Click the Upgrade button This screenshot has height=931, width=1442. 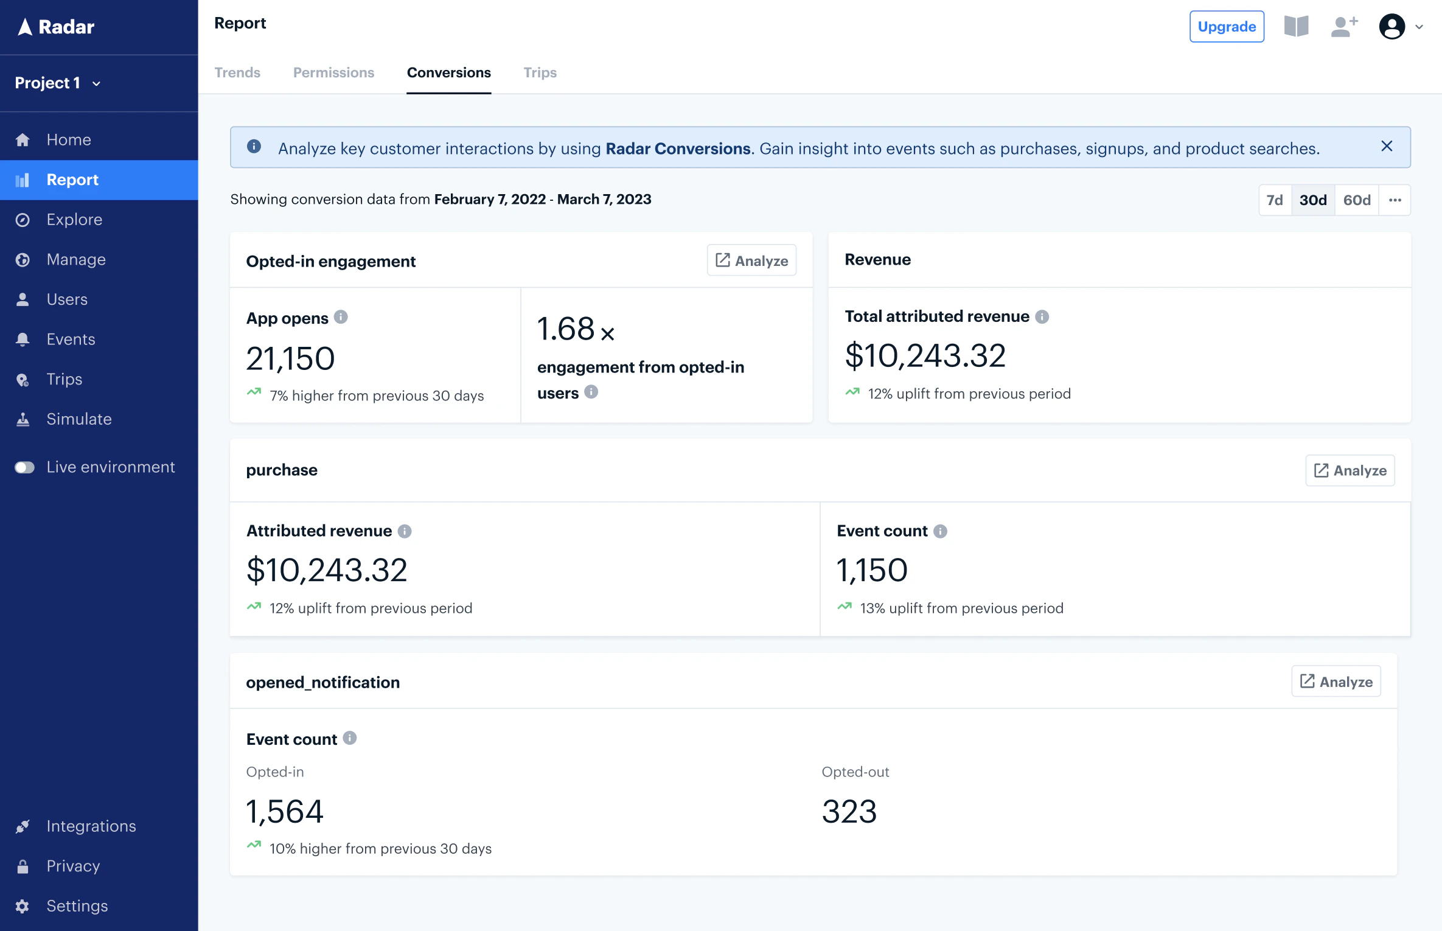[x=1226, y=27]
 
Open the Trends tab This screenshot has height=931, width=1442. [x=237, y=72]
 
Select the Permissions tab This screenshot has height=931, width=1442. [x=333, y=72]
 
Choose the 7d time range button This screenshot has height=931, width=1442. [x=1274, y=200]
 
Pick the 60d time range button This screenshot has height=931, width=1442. [x=1356, y=200]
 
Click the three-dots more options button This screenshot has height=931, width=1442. [x=1395, y=200]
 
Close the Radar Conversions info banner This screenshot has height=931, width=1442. [x=1387, y=146]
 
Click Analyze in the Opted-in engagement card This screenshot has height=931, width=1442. [x=751, y=260]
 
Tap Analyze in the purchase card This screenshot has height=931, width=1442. [x=1350, y=470]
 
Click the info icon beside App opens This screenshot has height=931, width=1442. [x=341, y=317]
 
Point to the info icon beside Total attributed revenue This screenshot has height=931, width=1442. [x=1042, y=316]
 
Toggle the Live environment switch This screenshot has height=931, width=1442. [x=25, y=467]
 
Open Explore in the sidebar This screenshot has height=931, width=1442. [x=74, y=220]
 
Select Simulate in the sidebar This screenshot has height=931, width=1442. [x=79, y=419]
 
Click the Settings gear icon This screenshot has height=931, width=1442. [x=23, y=906]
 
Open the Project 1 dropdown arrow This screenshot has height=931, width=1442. [x=96, y=83]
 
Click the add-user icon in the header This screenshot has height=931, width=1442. [x=1343, y=27]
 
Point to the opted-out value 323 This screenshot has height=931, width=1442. [x=849, y=812]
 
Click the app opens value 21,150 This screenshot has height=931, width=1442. [x=290, y=358]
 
